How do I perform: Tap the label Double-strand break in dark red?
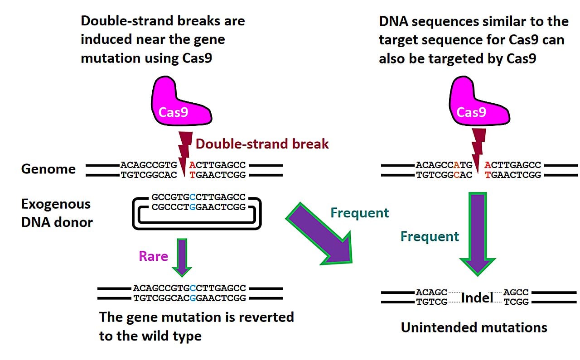(x=262, y=144)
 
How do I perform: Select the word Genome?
(x=48, y=169)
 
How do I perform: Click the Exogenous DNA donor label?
(x=57, y=213)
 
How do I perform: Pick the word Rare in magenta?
(x=153, y=256)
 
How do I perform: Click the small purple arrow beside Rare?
(x=182, y=257)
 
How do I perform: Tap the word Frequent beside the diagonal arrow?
(x=359, y=213)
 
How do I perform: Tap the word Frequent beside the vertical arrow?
(x=430, y=236)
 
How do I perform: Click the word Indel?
(x=477, y=298)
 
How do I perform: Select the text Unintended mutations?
(x=474, y=327)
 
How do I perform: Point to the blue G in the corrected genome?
(x=193, y=298)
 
